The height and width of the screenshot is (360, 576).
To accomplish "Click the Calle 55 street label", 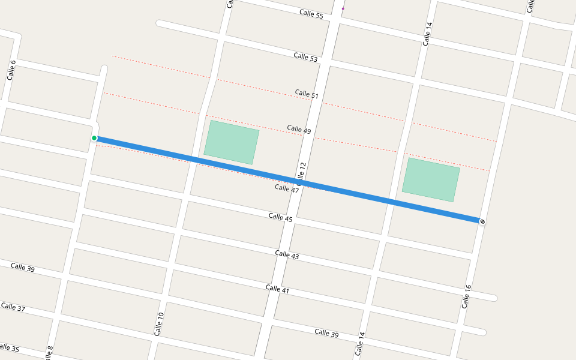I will pyautogui.click(x=311, y=14).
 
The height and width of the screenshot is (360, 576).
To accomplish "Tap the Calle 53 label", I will pyautogui.click(x=305, y=57).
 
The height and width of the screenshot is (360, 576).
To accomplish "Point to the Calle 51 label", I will pyautogui.click(x=307, y=94).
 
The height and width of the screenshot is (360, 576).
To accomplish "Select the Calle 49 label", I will pyautogui.click(x=299, y=129).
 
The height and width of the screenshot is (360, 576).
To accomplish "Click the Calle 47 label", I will pyautogui.click(x=287, y=188).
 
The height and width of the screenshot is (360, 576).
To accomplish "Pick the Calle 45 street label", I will pyautogui.click(x=280, y=218).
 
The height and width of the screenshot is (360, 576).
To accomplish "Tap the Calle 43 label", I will pyautogui.click(x=287, y=255).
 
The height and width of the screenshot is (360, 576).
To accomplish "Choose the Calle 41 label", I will pyautogui.click(x=277, y=289).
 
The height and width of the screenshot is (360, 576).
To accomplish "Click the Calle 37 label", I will pyautogui.click(x=13, y=307).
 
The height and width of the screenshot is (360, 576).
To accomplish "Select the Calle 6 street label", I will pyautogui.click(x=11, y=70).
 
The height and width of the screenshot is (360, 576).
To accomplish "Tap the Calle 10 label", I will pyautogui.click(x=158, y=324).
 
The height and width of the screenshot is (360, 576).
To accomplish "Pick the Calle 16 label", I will pyautogui.click(x=466, y=296).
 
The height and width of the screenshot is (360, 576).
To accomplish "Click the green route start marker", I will pyautogui.click(x=94, y=138).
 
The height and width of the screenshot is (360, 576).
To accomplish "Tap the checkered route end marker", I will pyautogui.click(x=482, y=221).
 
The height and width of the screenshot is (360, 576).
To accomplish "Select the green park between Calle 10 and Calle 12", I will pyautogui.click(x=231, y=142).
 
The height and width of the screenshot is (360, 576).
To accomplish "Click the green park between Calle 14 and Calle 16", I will pyautogui.click(x=431, y=179).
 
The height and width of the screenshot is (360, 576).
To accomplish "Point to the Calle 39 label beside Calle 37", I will pyautogui.click(x=23, y=267).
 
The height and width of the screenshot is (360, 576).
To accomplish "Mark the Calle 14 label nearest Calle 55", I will pyautogui.click(x=428, y=34).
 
